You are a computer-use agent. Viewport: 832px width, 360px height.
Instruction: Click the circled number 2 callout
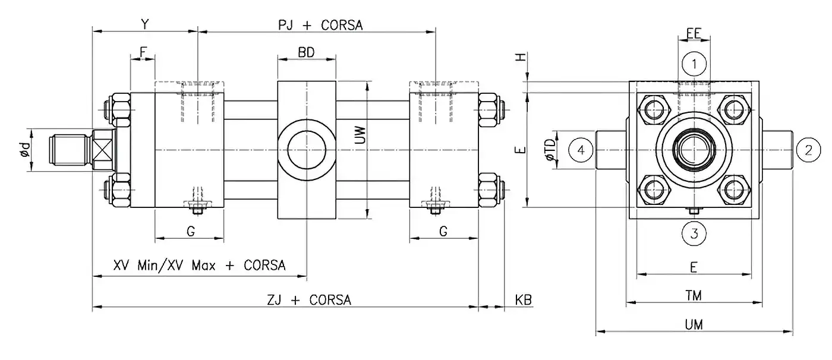pyautogui.click(x=808, y=150)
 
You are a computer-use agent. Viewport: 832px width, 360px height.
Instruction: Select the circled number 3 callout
pyautogui.click(x=694, y=233)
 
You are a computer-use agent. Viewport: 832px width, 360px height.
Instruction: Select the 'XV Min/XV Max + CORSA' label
pyautogui.click(x=199, y=265)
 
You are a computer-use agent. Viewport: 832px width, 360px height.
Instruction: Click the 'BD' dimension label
pyautogui.click(x=306, y=52)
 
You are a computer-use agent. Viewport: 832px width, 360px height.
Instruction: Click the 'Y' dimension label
pyautogui.click(x=144, y=24)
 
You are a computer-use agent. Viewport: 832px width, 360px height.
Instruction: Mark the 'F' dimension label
pyautogui.click(x=143, y=52)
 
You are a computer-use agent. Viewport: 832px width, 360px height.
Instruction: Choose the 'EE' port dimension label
pyautogui.click(x=693, y=33)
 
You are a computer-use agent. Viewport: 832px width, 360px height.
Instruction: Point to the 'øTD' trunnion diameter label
pyautogui.click(x=550, y=150)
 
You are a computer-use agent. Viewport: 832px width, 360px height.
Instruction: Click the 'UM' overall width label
pyautogui.click(x=694, y=325)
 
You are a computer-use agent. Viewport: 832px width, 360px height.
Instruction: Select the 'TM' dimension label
pyautogui.click(x=694, y=295)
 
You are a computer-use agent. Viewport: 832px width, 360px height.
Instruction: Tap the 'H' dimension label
pyautogui.click(x=520, y=57)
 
